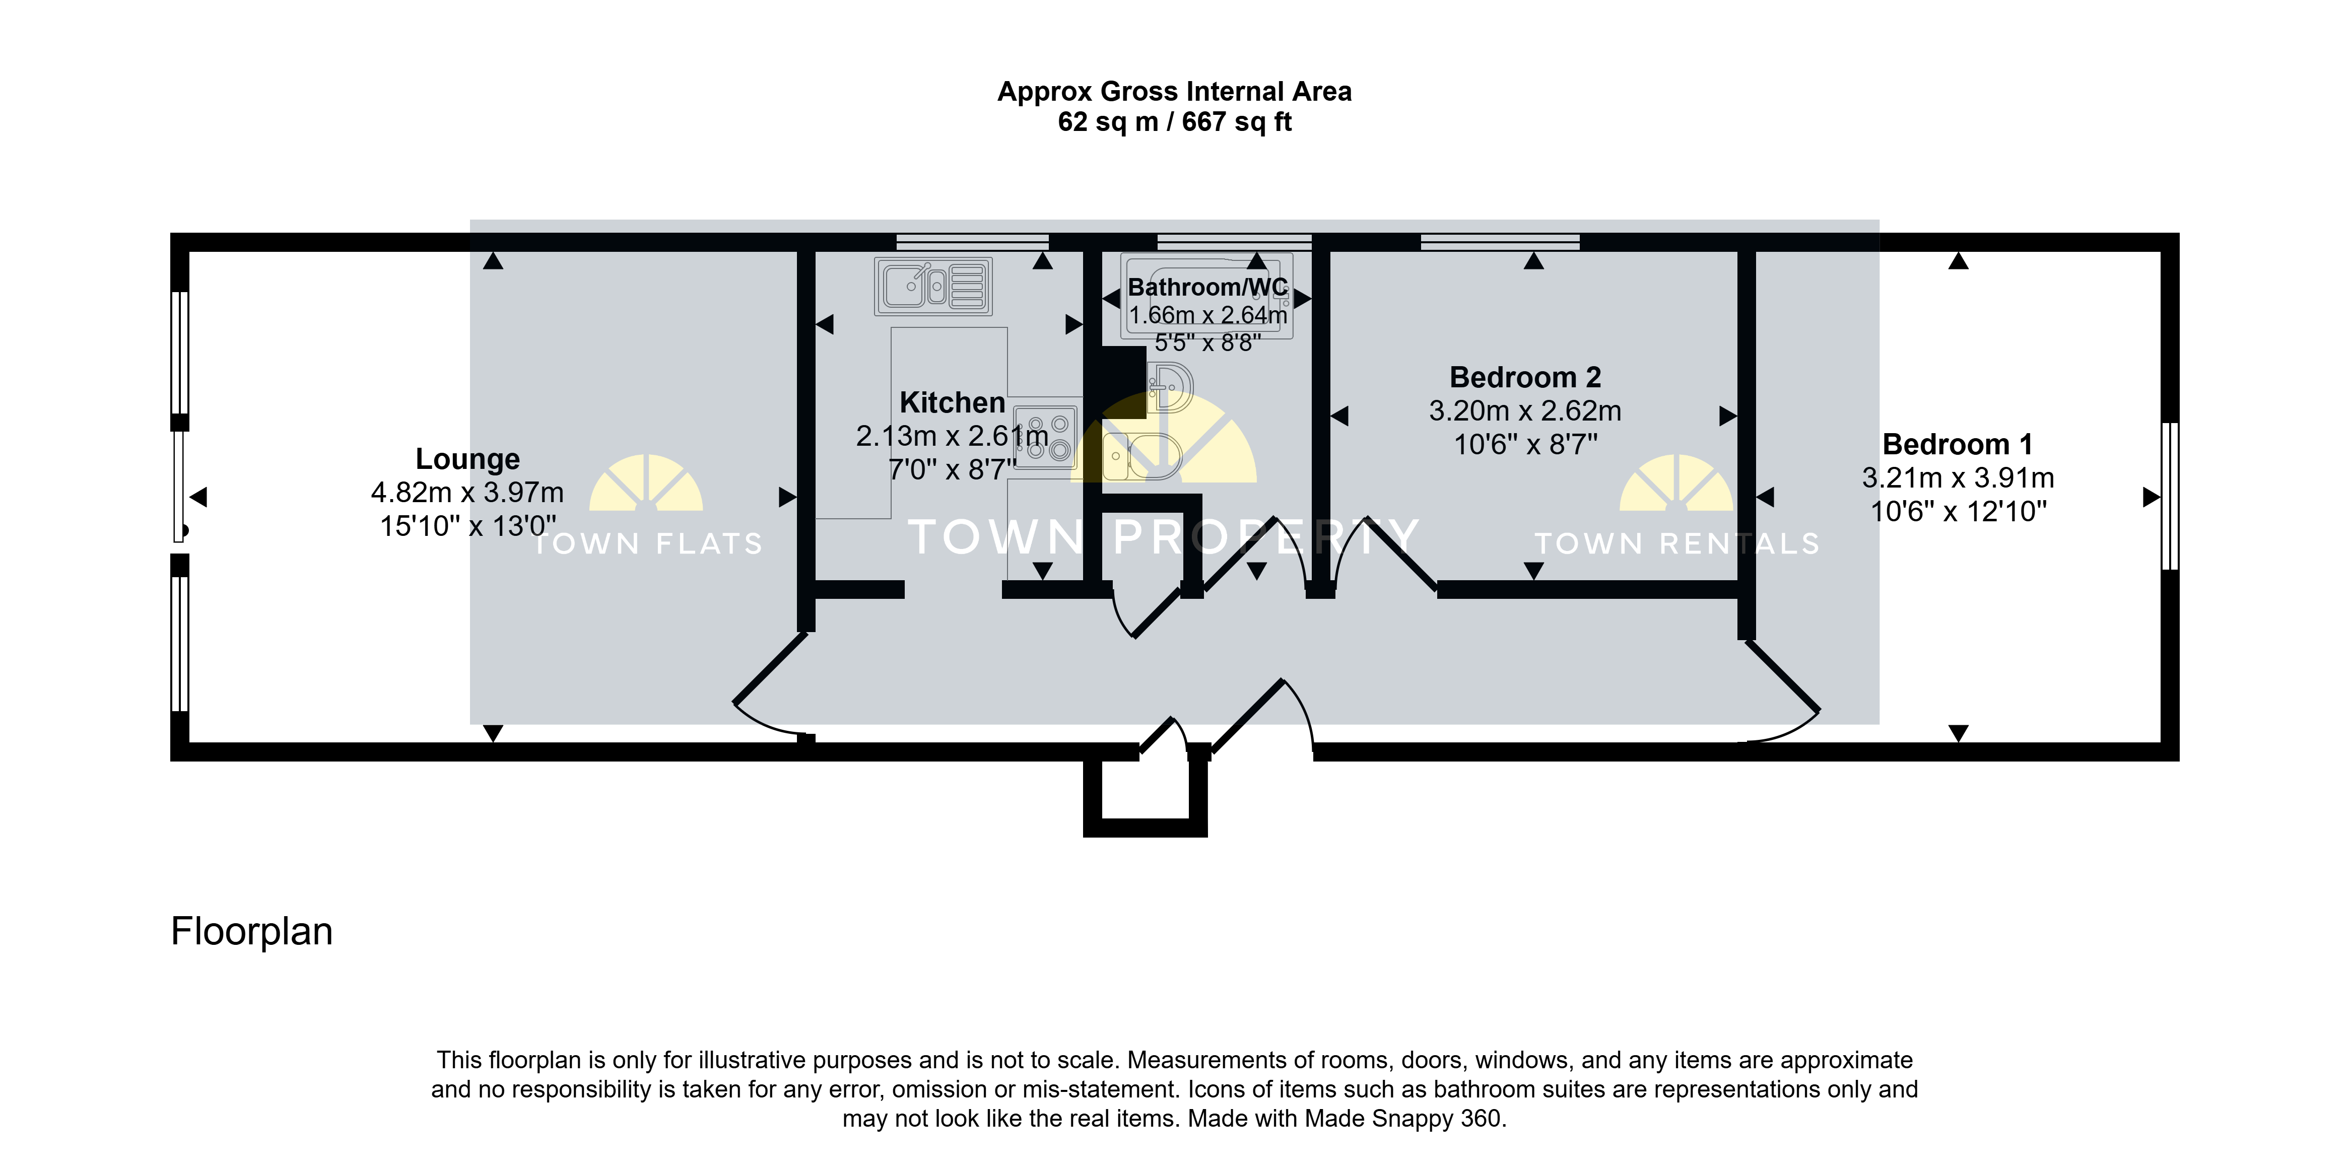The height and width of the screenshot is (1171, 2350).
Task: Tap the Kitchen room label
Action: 953,402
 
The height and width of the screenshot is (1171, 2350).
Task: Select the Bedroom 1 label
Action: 1958,444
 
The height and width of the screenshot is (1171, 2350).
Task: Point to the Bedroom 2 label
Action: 1525,377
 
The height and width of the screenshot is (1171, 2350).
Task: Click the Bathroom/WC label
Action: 1208,287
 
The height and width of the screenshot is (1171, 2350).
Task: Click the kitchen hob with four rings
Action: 1046,437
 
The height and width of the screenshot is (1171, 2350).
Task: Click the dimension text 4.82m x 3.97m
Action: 467,493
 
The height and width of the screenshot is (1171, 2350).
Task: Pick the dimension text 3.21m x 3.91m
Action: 1958,478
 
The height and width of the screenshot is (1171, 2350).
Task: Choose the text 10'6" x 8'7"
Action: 1525,444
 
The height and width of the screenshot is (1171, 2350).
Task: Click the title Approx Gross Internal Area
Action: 1174,91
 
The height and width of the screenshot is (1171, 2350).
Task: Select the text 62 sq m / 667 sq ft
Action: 1174,121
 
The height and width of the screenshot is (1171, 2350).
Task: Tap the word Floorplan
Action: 252,931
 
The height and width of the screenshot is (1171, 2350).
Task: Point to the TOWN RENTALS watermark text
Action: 1677,543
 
